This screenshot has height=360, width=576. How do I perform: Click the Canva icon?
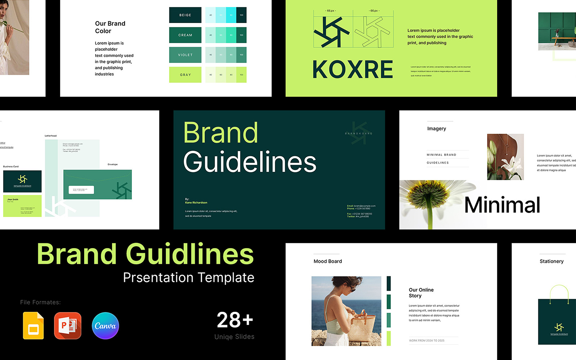point(105,326)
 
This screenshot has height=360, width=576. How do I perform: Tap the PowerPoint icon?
point(68,326)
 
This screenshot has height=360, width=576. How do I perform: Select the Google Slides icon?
point(33,326)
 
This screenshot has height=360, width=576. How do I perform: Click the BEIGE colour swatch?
point(185,15)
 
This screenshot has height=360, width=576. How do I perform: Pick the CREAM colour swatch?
point(185,35)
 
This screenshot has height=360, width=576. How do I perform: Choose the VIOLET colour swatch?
point(185,55)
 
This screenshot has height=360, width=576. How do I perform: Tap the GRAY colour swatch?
point(185,75)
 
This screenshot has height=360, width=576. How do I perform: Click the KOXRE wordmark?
point(353,69)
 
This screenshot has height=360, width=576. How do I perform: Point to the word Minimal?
point(502,205)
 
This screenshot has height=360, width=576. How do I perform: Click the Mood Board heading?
point(328,261)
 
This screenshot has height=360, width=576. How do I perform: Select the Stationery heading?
point(552,261)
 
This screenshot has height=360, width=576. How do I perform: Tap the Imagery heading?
point(436,129)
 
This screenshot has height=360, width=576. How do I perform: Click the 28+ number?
point(235,320)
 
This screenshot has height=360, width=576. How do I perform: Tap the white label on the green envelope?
point(81,190)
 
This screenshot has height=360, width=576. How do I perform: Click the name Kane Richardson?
point(196,203)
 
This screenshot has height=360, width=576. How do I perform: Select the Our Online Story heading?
point(421,293)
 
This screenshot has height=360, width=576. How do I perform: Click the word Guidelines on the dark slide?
point(250,162)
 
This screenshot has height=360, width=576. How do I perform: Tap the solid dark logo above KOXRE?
point(331,32)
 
